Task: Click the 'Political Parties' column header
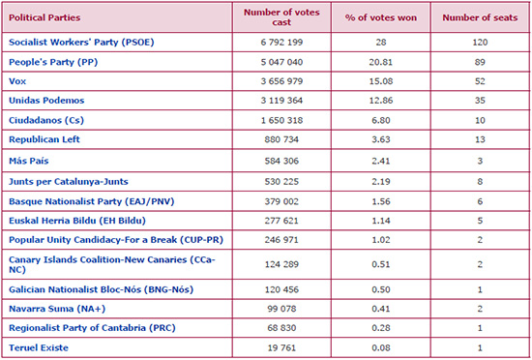tap(44, 17)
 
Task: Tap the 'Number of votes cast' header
tap(281, 17)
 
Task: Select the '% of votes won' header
tap(381, 17)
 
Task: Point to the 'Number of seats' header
tap(480, 17)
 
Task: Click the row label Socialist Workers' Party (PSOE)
tap(81, 43)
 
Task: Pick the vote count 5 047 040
tap(281, 62)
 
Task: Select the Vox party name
tap(17, 81)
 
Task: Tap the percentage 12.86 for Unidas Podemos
tap(381, 101)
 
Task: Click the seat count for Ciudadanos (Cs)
tap(480, 120)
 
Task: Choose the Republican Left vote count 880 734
tap(281, 139)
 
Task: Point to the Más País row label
tap(28, 161)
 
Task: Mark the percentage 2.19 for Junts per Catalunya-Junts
tap(381, 182)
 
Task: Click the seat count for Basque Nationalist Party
tap(480, 201)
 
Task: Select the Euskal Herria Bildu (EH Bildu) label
tap(77, 221)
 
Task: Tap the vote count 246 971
tap(281, 240)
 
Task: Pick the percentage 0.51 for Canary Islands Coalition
tap(381, 264)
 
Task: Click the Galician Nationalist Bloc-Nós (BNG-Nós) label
tap(101, 289)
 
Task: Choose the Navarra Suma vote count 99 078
tap(281, 309)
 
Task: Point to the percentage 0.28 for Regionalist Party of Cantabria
tap(381, 328)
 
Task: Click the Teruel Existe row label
tap(39, 347)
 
